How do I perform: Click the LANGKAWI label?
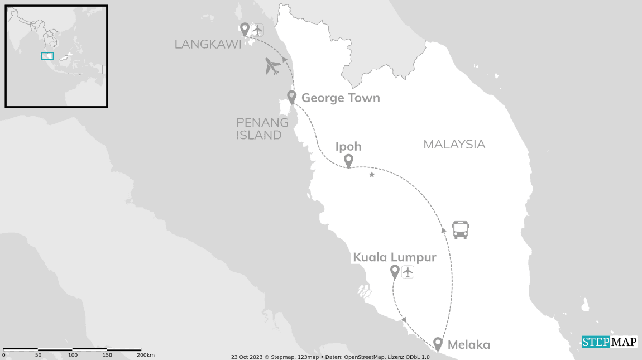click(x=208, y=44)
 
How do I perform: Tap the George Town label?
click(x=341, y=98)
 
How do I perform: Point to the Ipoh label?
click(x=348, y=147)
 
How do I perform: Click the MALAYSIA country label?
click(x=454, y=145)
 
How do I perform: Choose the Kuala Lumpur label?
click(x=394, y=258)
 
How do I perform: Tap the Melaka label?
click(x=468, y=345)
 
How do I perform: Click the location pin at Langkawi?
click(x=245, y=28)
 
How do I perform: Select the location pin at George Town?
click(x=291, y=97)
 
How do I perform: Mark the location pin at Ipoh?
click(x=348, y=161)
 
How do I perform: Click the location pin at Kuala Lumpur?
click(x=395, y=272)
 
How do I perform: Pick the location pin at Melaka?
click(x=438, y=343)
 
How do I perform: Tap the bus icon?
click(x=461, y=229)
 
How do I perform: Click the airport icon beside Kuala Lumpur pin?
click(x=408, y=272)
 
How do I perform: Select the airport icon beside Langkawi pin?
click(x=257, y=29)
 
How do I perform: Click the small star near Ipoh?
click(x=372, y=175)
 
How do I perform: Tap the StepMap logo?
click(x=609, y=342)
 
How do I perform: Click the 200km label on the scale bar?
click(x=146, y=355)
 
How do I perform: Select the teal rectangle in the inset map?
click(x=47, y=56)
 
